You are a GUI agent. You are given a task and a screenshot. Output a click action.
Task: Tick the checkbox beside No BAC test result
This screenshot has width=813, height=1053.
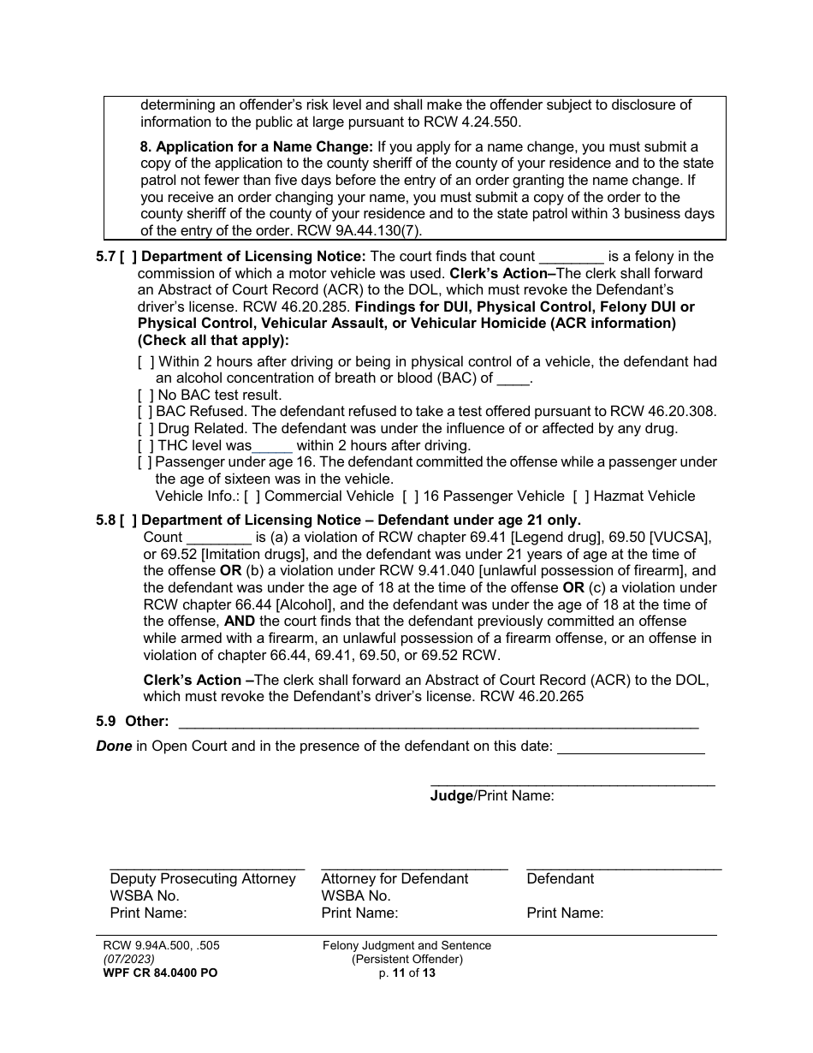click(x=146, y=395)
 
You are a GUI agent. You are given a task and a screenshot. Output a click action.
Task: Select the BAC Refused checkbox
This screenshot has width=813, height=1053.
click(x=146, y=412)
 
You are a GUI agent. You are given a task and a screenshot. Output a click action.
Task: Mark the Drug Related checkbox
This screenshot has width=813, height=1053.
click(x=146, y=428)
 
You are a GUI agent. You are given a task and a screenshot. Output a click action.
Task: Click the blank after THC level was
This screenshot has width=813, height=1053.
click(x=273, y=446)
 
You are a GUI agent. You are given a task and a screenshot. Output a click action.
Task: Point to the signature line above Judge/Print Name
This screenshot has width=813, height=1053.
click(x=572, y=783)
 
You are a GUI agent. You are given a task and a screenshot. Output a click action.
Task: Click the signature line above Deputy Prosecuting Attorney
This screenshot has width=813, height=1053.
click(x=207, y=867)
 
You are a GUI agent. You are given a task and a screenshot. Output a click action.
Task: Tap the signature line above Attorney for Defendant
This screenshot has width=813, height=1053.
click(x=414, y=867)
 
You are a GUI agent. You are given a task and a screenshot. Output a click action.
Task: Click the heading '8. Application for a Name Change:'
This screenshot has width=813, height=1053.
click(x=256, y=146)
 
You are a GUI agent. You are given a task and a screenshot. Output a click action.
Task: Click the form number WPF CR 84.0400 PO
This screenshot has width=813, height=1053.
click(x=156, y=973)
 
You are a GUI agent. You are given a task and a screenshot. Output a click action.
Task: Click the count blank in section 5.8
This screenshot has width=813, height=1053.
click(x=219, y=538)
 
